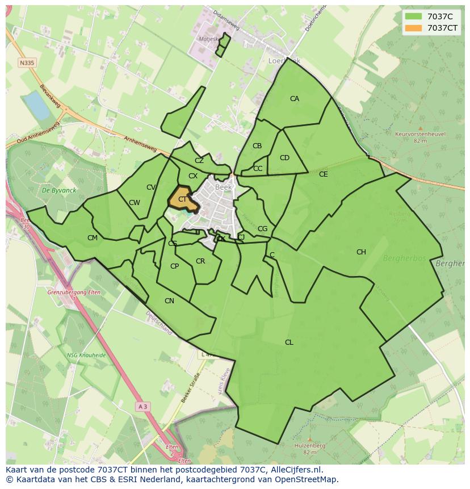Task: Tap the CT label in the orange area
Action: pyautogui.click(x=182, y=199)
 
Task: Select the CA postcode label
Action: pyautogui.click(x=295, y=99)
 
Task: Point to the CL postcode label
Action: pyautogui.click(x=289, y=342)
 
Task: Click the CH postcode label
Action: pyautogui.click(x=361, y=252)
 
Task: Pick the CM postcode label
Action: pyautogui.click(x=93, y=238)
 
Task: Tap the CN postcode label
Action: pyautogui.click(x=169, y=301)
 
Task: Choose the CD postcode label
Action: pyautogui.click(x=284, y=158)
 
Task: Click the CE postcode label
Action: pyautogui.click(x=323, y=174)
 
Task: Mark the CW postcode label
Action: pyautogui.click(x=135, y=203)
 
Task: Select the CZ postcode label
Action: pyautogui.click(x=199, y=161)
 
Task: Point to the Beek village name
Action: pyautogui.click(x=223, y=186)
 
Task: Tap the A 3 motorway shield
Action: pyautogui.click(x=142, y=406)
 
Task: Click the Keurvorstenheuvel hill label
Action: pyautogui.click(x=420, y=134)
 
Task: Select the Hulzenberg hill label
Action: pyautogui.click(x=309, y=446)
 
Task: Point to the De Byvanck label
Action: pyautogui.click(x=55, y=190)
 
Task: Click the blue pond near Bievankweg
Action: pyautogui.click(x=36, y=106)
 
